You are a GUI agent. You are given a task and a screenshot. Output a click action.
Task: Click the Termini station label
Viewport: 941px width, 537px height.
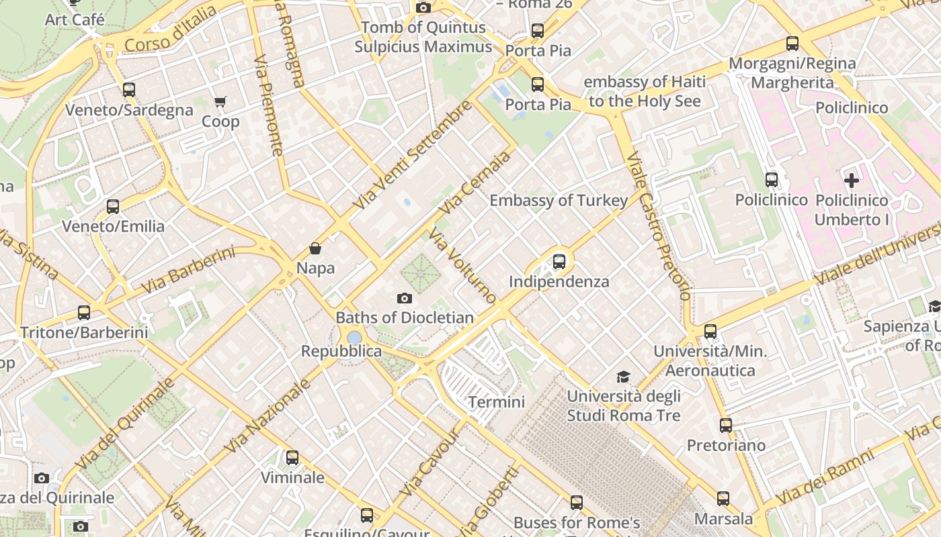pos(496,402)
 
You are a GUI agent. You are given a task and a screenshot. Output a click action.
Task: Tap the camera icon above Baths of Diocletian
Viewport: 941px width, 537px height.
pos(404,298)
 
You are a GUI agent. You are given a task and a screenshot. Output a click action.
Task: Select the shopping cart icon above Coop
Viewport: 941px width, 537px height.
pos(220,102)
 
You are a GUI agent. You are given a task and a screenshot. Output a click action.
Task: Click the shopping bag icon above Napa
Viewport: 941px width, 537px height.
pos(315,249)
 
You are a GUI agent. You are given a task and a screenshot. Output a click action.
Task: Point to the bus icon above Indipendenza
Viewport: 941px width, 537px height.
pos(559,262)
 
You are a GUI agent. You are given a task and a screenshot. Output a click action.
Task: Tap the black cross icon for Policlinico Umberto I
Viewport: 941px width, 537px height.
pos(852,180)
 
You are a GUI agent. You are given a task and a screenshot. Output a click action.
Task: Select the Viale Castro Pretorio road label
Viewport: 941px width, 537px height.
pos(658,225)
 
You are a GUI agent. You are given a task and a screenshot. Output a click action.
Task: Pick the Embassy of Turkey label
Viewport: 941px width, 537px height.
pos(559,200)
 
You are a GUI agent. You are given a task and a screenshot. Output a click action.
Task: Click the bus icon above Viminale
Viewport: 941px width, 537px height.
pos(292,458)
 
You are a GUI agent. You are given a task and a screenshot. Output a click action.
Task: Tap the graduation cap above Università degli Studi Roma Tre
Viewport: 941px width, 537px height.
pos(624,377)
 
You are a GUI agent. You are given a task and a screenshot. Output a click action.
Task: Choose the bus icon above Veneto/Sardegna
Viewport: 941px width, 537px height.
pos(128,90)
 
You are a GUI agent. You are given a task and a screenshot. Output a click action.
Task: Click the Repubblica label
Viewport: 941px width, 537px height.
pos(341,351)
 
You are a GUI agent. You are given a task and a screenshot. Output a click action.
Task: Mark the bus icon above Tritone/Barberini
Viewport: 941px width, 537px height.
pos(83,313)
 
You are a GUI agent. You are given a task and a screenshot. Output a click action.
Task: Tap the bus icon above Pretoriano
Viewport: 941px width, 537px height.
pos(725,426)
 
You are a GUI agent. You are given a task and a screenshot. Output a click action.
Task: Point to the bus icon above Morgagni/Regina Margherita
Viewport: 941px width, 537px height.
pos(792,44)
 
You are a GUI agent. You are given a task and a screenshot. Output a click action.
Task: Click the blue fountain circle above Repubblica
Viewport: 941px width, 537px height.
pos(354,337)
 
